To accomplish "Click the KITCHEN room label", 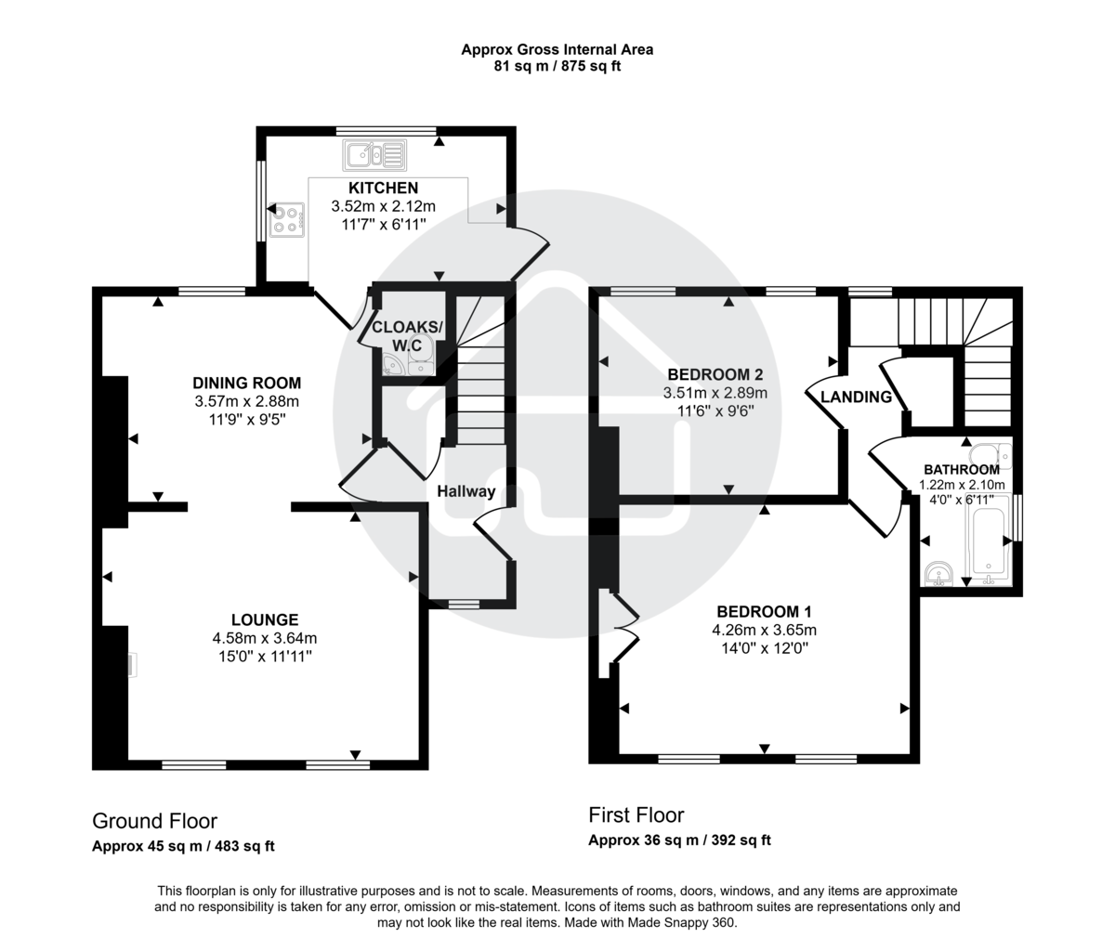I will (x=383, y=189).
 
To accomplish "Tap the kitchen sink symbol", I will (x=374, y=154).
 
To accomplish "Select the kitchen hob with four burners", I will (x=286, y=219).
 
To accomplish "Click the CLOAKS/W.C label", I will (x=408, y=336).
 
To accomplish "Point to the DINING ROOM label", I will (x=246, y=383).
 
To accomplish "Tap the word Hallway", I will (x=466, y=491).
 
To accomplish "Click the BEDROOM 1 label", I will (x=764, y=612).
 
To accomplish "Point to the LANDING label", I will (x=856, y=397).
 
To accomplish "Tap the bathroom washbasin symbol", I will (x=940, y=574).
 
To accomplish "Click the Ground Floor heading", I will (x=154, y=821).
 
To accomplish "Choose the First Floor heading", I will (x=636, y=815).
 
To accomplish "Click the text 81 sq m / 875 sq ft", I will (x=557, y=67).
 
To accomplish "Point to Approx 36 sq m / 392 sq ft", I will (x=679, y=840).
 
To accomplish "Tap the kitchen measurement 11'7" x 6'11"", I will (x=383, y=224).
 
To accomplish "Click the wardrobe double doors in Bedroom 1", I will (x=623, y=631).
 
